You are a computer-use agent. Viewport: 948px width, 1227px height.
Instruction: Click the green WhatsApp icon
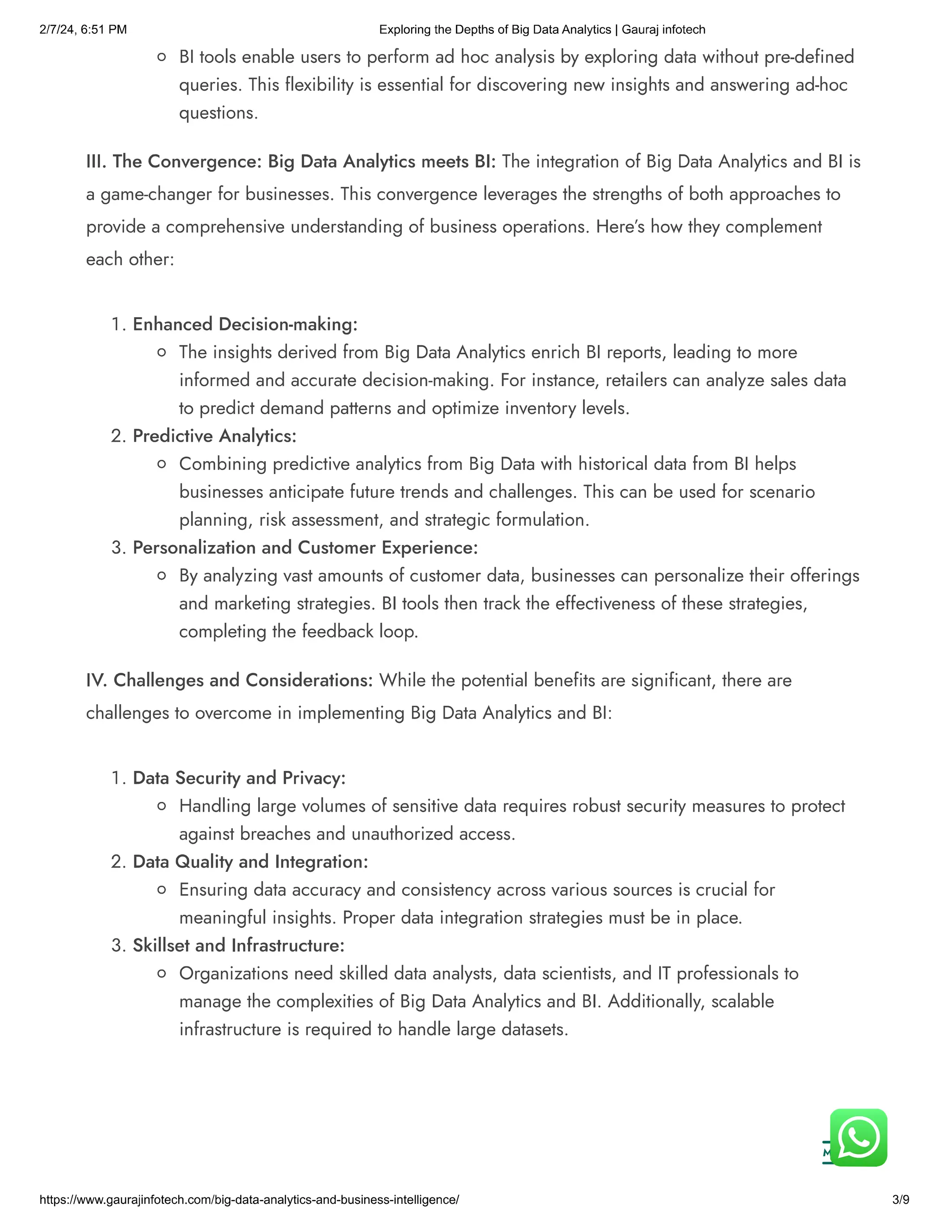click(x=858, y=1138)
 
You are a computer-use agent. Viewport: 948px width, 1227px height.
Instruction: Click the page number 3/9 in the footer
click(x=900, y=1200)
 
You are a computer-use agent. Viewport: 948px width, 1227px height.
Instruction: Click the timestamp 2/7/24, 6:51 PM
click(x=83, y=29)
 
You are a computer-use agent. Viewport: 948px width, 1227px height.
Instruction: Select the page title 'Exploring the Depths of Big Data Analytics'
click(x=495, y=29)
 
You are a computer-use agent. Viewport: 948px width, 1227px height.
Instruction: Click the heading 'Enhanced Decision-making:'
click(x=245, y=324)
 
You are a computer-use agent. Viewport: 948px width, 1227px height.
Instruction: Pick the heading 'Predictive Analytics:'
click(x=214, y=436)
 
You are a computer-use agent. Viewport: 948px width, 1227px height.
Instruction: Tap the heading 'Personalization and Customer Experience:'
click(x=305, y=548)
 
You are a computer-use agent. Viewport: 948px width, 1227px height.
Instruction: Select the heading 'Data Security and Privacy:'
click(x=239, y=778)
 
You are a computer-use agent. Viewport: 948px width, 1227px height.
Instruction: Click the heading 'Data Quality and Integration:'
click(x=250, y=862)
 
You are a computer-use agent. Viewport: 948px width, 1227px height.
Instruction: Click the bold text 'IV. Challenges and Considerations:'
click(x=229, y=680)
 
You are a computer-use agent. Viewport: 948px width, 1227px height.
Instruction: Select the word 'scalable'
click(x=742, y=1001)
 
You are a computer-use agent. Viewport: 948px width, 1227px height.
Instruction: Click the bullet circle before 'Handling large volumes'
click(x=162, y=806)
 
